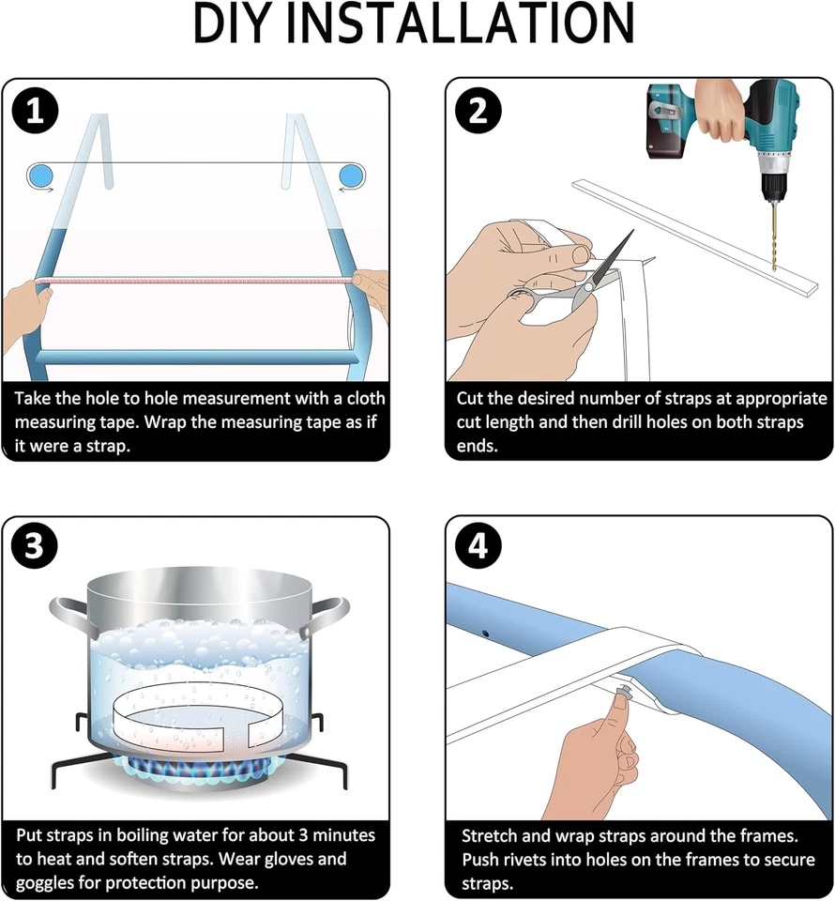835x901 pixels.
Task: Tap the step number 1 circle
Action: point(35,112)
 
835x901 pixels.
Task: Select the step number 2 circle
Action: point(478,112)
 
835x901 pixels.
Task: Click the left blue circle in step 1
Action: point(40,175)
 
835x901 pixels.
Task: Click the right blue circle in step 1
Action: point(351,175)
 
